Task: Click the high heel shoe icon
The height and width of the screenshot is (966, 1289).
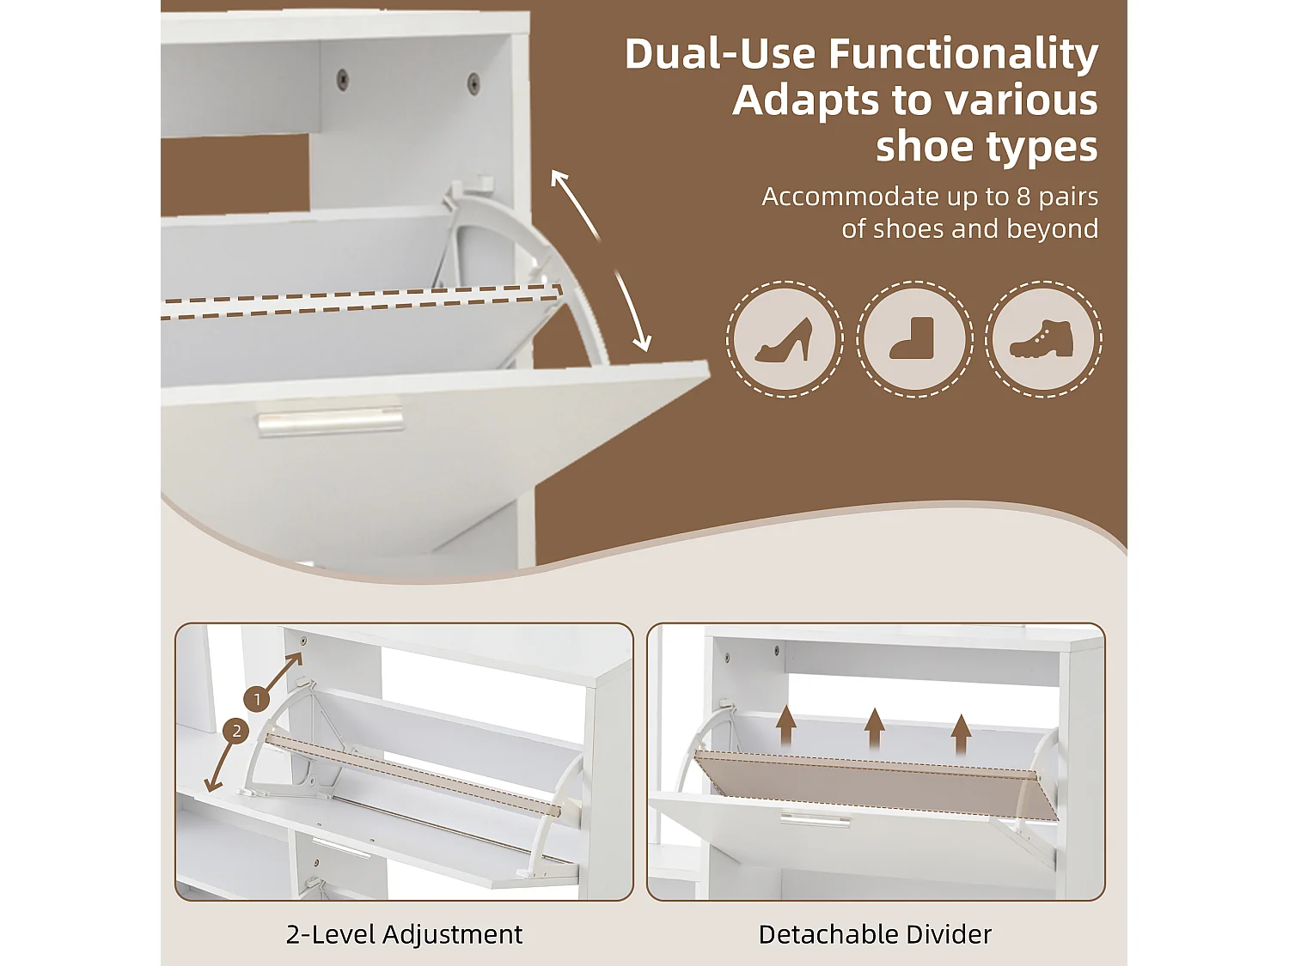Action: (x=784, y=339)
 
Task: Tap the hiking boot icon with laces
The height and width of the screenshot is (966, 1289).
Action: (x=1042, y=339)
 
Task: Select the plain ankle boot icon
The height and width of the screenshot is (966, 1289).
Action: (x=912, y=338)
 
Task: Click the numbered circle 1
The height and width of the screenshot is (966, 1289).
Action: (x=257, y=699)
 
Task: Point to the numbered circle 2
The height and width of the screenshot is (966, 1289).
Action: (x=236, y=732)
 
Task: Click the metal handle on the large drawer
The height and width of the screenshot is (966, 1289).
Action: (x=330, y=422)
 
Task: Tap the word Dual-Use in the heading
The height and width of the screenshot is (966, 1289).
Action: (x=720, y=55)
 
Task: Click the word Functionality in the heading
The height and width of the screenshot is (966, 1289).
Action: (x=963, y=55)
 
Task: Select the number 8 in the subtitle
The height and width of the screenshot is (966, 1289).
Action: (x=1023, y=197)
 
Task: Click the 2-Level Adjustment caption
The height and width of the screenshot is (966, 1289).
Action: (x=404, y=934)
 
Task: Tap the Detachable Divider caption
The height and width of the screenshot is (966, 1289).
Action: (x=875, y=934)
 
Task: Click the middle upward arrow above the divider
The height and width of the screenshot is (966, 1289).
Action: (x=875, y=729)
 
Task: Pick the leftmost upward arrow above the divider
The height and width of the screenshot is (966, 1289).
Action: (x=786, y=726)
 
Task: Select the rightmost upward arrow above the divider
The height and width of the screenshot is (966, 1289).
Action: (x=961, y=734)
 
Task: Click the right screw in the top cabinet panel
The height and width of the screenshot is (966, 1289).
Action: (x=473, y=82)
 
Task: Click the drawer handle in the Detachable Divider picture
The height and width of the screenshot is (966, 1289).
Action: (x=815, y=819)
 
